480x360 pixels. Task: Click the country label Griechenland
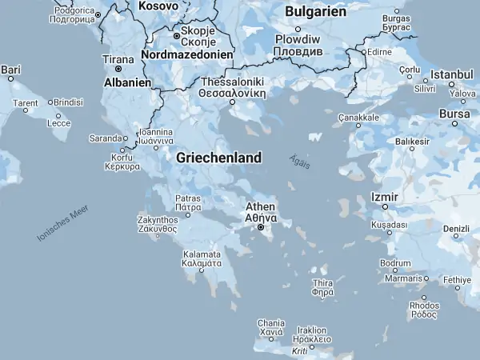[x=218, y=158]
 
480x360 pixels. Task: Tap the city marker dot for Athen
[x=261, y=228]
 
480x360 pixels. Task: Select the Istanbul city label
[x=453, y=74]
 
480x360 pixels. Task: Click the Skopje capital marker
[x=177, y=35]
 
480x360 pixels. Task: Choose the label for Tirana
[x=118, y=59]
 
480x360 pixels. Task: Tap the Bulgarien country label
[x=316, y=12]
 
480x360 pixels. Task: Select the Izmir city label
[x=385, y=197]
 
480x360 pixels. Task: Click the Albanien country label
[x=128, y=82]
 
